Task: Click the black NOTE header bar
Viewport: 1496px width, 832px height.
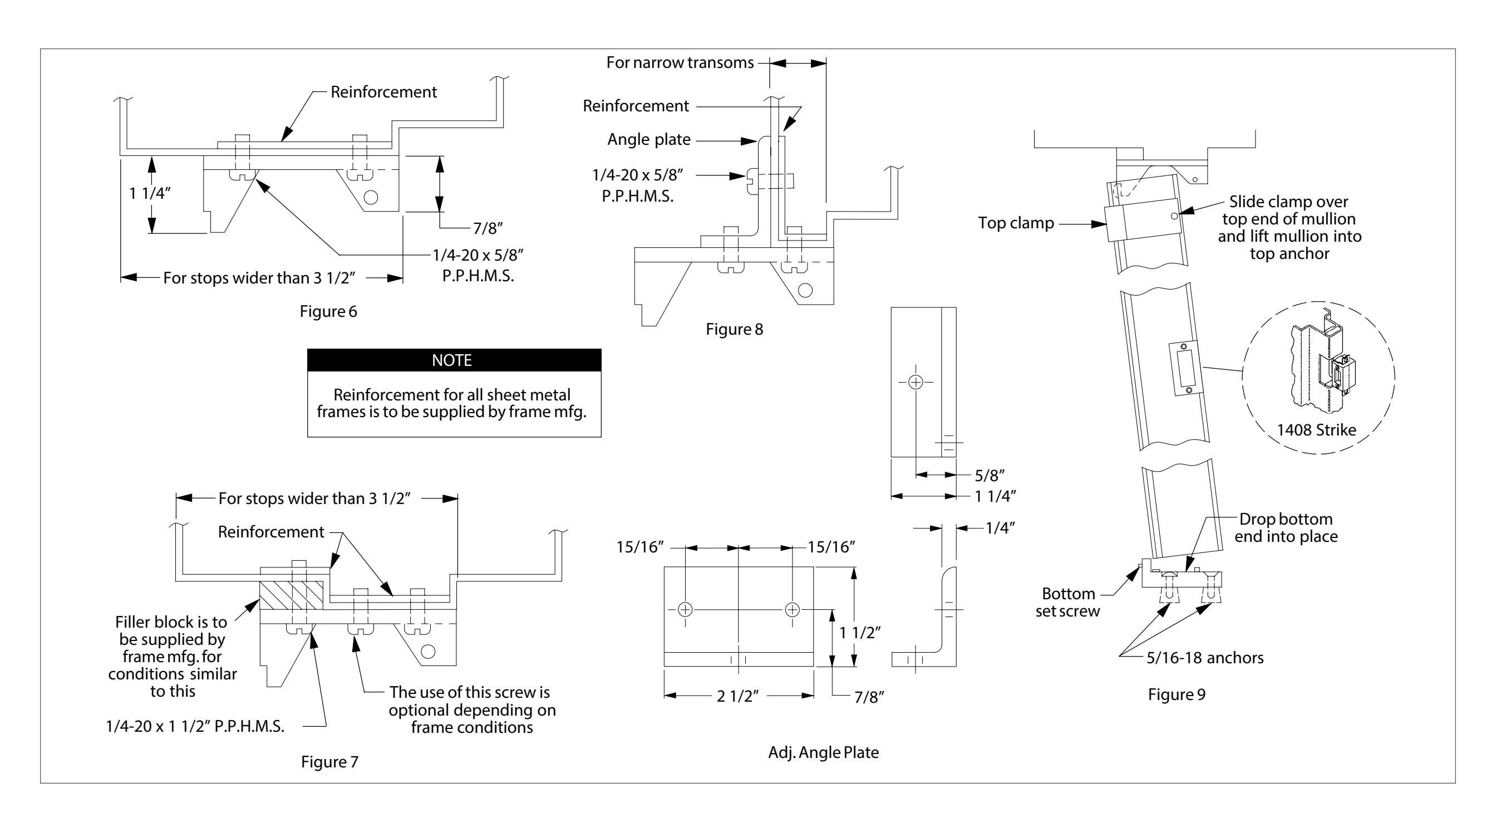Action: tap(454, 360)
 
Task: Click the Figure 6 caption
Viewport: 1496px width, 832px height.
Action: tap(328, 311)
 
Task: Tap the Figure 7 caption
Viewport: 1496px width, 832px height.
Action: tap(329, 762)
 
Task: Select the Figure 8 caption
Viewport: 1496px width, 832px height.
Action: tap(734, 330)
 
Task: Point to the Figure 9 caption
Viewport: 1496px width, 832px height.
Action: tap(1177, 694)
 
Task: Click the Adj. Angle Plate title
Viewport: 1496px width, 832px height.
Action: tap(823, 752)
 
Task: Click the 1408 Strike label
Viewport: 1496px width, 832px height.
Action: tap(1316, 430)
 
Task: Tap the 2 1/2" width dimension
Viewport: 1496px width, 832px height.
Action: tap(737, 696)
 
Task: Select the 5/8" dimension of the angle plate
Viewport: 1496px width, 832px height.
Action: tap(990, 475)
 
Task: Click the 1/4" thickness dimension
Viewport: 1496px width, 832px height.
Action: tap(1000, 527)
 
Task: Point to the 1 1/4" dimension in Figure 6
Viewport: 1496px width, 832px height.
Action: tap(150, 193)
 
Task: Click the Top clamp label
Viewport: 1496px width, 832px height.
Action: tap(1016, 223)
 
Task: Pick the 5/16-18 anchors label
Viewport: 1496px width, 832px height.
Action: tap(1204, 658)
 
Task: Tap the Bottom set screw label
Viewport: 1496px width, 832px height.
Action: tap(1067, 602)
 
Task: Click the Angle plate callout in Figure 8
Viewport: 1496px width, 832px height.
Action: tap(649, 139)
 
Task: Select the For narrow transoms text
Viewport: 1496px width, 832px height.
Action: tap(680, 63)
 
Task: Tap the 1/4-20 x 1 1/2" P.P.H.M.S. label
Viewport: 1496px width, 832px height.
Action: tap(195, 726)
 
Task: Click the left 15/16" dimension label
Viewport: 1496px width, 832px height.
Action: tap(640, 547)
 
